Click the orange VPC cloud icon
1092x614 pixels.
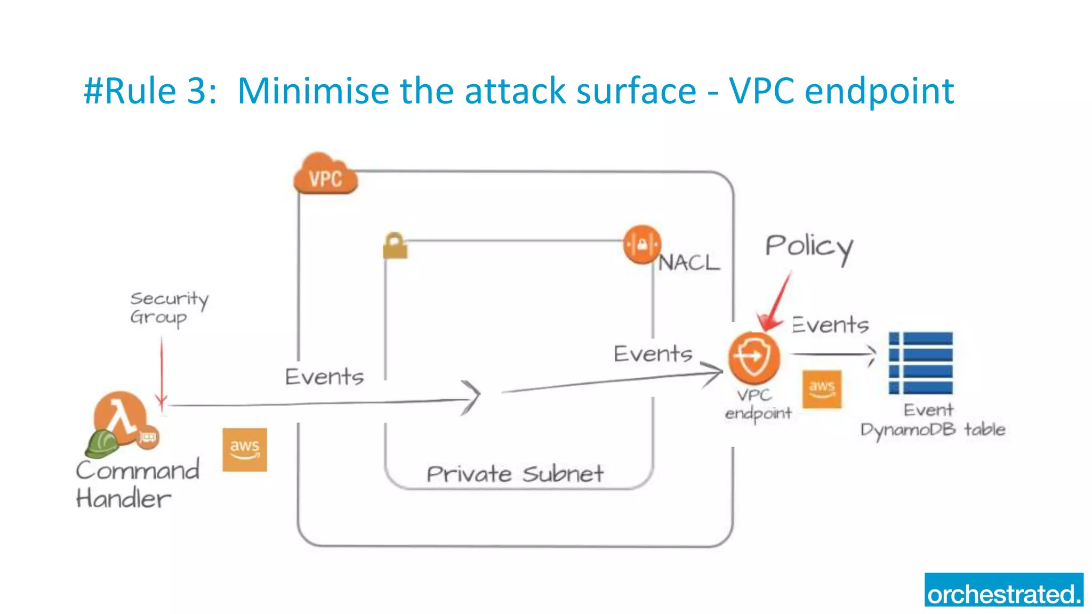[x=325, y=174]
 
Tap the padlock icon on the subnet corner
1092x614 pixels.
[x=395, y=246]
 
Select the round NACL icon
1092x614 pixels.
[x=642, y=245]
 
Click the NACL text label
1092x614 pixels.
[x=688, y=263]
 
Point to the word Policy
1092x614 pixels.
[x=809, y=248]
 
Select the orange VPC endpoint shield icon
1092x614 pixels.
[x=754, y=358]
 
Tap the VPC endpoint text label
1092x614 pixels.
[x=758, y=404]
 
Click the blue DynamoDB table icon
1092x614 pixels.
[x=921, y=363]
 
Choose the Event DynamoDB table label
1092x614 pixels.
[x=932, y=421]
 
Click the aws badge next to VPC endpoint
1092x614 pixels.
[x=822, y=389]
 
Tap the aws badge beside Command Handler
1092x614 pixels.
[x=245, y=449]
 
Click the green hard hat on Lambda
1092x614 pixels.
[x=102, y=443]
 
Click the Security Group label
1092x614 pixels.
[x=168, y=308]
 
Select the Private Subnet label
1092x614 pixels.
[x=515, y=474]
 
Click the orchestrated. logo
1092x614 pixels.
[x=1003, y=590]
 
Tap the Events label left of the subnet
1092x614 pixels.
[x=324, y=377]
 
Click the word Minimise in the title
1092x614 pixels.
[x=313, y=91]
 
